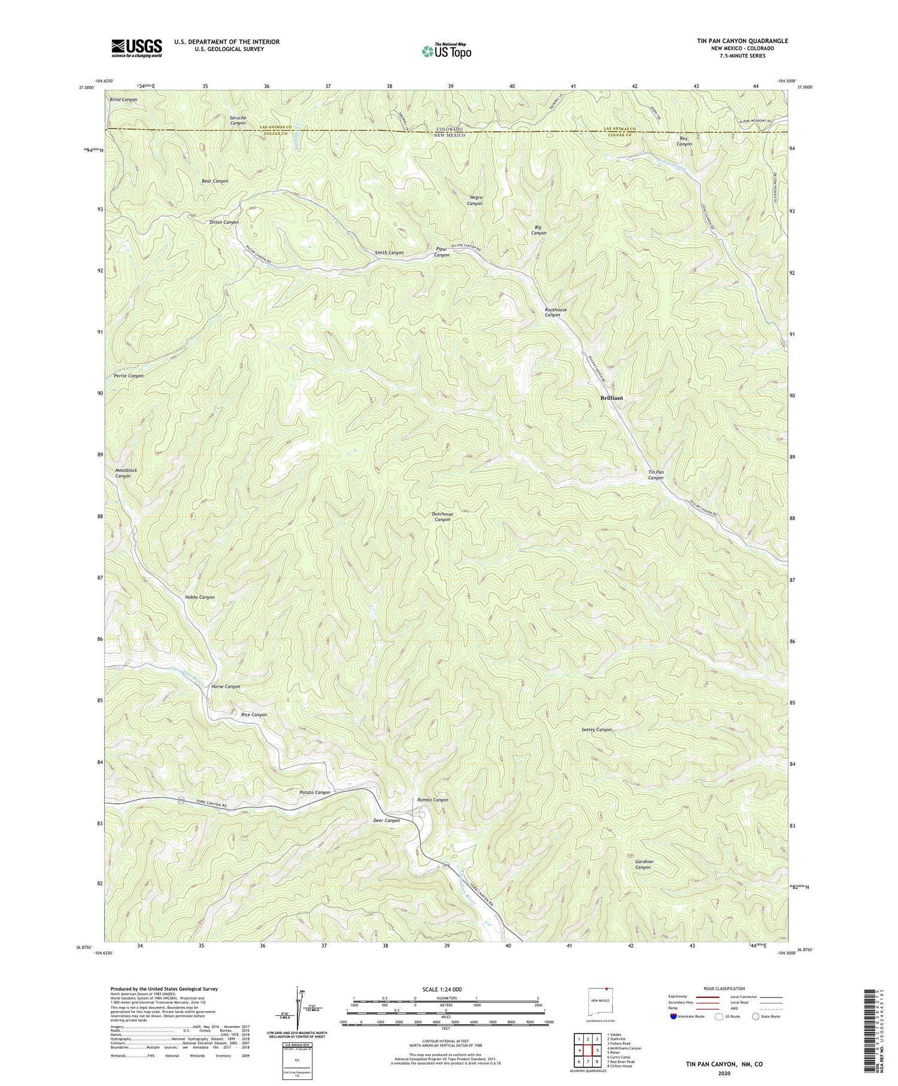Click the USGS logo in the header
136,48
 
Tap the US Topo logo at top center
446,51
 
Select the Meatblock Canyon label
126,473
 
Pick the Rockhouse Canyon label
552,312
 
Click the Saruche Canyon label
238,120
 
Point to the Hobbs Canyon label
200,597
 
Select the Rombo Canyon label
433,800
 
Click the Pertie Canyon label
129,376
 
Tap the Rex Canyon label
684,141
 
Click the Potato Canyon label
315,792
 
